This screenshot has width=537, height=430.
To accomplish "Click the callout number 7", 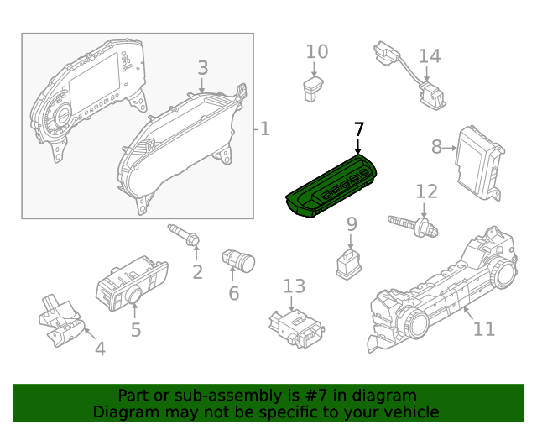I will coord(359,129).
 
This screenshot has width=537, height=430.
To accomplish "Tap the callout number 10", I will coord(316,52).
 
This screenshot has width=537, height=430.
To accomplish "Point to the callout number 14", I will coord(429,56).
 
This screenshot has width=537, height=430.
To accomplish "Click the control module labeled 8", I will coord(479,163).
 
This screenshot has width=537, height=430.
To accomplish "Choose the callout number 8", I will coord(436,147).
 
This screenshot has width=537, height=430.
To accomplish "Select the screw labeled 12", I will coord(414,224).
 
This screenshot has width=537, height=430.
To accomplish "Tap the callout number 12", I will coord(426,191).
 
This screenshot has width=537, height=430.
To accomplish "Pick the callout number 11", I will coord(484,328).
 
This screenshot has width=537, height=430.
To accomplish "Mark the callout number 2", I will coord(197,271).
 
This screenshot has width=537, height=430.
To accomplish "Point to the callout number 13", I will coord(295,286).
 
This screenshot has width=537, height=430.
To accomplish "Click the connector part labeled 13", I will coord(295,328).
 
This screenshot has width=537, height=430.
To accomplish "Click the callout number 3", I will coord(203,68).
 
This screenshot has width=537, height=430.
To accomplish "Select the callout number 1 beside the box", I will coord(264,129).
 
